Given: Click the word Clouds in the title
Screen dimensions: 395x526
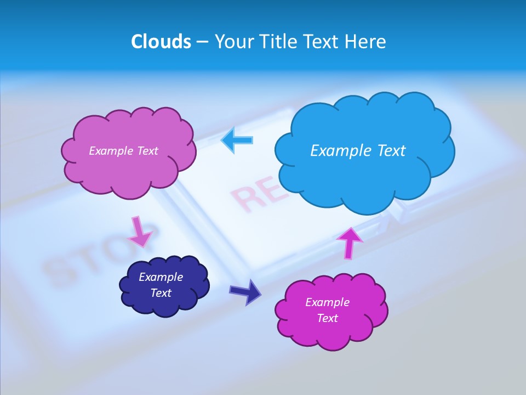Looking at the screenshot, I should click(161, 42).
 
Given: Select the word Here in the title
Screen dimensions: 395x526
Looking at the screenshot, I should click(367, 42).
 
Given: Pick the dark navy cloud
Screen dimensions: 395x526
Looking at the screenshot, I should click(164, 285).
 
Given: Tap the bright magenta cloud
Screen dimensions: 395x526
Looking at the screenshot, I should click(330, 311).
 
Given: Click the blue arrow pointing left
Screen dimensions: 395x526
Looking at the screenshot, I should click(237, 140).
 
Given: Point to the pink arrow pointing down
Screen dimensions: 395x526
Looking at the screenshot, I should click(139, 232).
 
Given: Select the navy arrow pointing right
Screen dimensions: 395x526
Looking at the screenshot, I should click(245, 291).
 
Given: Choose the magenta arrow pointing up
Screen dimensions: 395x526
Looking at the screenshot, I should click(349, 242).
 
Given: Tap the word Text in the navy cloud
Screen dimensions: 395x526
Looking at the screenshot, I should click(161, 293).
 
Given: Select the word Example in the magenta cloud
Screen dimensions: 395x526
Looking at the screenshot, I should click(327, 302).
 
